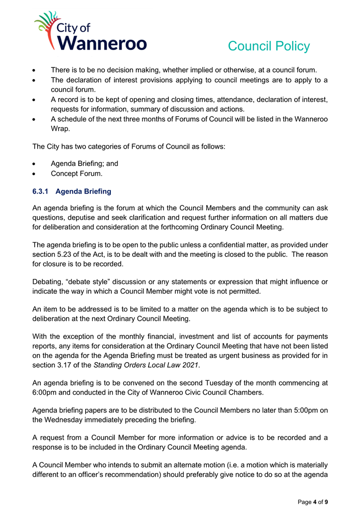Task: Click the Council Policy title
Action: point(269,46)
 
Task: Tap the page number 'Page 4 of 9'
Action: point(313,502)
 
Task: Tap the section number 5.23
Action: point(71,254)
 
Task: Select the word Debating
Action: point(50,282)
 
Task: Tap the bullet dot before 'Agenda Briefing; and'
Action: point(34,164)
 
